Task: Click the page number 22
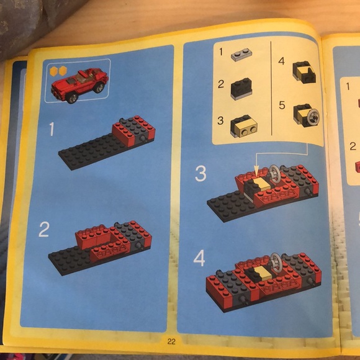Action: [172, 341]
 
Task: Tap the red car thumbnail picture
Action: [79, 82]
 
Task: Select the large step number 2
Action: [43, 230]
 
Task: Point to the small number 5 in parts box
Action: [282, 106]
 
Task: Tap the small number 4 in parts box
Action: [281, 61]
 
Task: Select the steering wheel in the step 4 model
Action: [277, 261]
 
